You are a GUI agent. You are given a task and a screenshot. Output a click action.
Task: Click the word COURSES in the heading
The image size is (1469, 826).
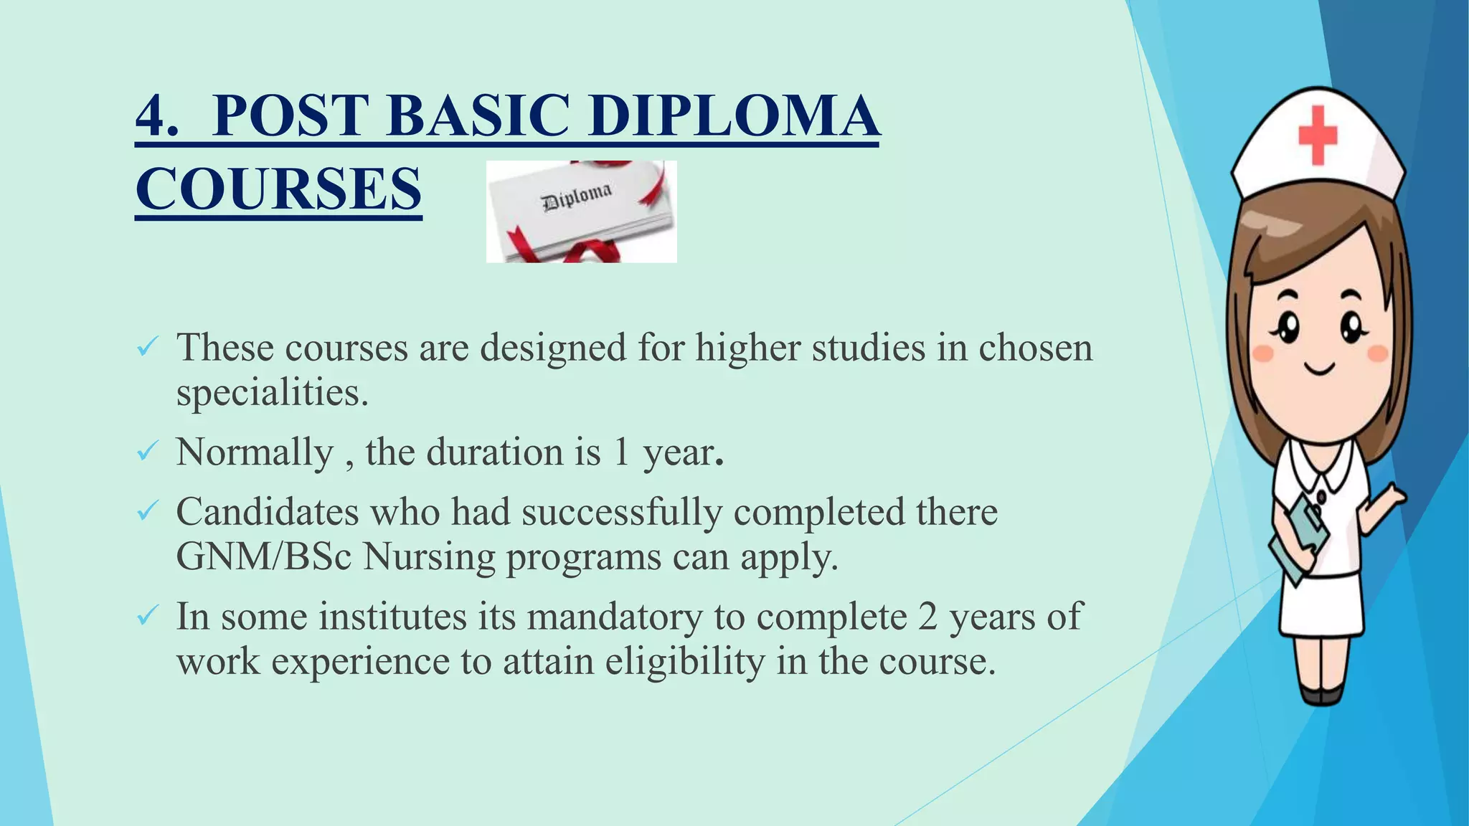(278, 189)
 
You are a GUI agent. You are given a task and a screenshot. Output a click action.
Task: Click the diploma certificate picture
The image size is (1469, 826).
(581, 212)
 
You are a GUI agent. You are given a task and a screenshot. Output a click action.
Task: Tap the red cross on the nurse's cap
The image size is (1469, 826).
(1318, 134)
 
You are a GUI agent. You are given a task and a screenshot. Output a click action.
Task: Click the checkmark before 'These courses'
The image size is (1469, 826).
(147, 349)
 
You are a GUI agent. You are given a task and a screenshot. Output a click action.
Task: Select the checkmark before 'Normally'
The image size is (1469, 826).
(147, 452)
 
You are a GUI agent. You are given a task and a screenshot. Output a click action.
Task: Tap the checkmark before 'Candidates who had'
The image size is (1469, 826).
(147, 512)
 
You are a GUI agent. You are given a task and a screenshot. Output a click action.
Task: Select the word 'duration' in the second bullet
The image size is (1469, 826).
(494, 452)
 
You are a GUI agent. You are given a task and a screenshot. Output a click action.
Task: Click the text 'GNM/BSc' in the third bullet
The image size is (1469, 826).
(263, 556)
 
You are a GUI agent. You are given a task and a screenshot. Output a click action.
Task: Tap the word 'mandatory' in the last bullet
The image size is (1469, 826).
(614, 617)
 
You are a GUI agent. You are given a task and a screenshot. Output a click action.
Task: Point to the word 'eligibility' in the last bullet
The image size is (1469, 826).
(684, 661)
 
